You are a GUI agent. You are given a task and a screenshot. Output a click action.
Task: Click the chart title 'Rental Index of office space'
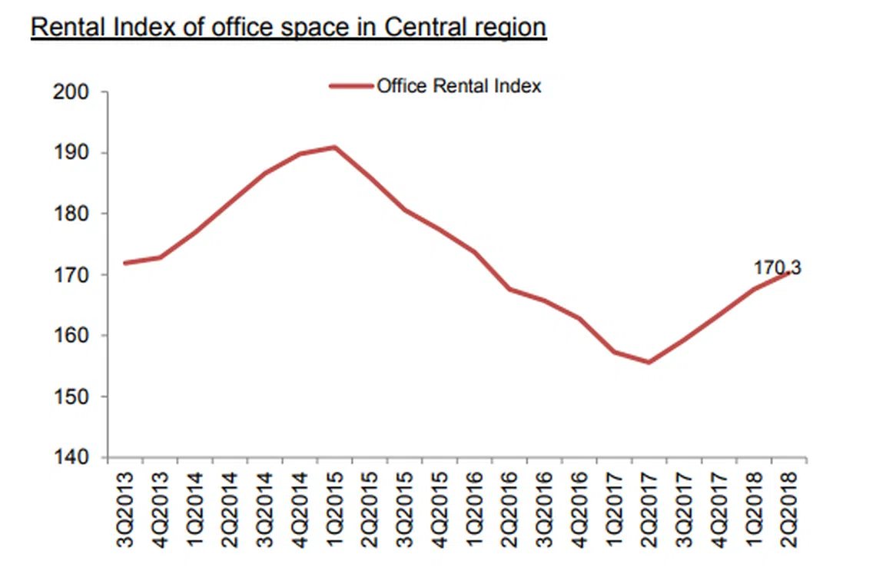(288, 27)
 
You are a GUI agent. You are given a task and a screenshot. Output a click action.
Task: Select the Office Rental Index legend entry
(458, 86)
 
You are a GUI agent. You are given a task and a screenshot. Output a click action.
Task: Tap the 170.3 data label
(777, 268)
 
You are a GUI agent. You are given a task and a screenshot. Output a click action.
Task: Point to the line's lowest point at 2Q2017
(649, 362)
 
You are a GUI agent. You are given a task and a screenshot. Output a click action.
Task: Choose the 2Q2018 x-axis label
(789, 507)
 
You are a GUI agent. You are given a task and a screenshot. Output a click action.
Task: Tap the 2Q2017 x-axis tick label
(649, 507)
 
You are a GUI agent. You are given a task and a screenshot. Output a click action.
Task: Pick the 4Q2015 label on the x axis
(440, 507)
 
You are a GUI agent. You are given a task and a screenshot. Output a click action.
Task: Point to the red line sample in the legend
(351, 86)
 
